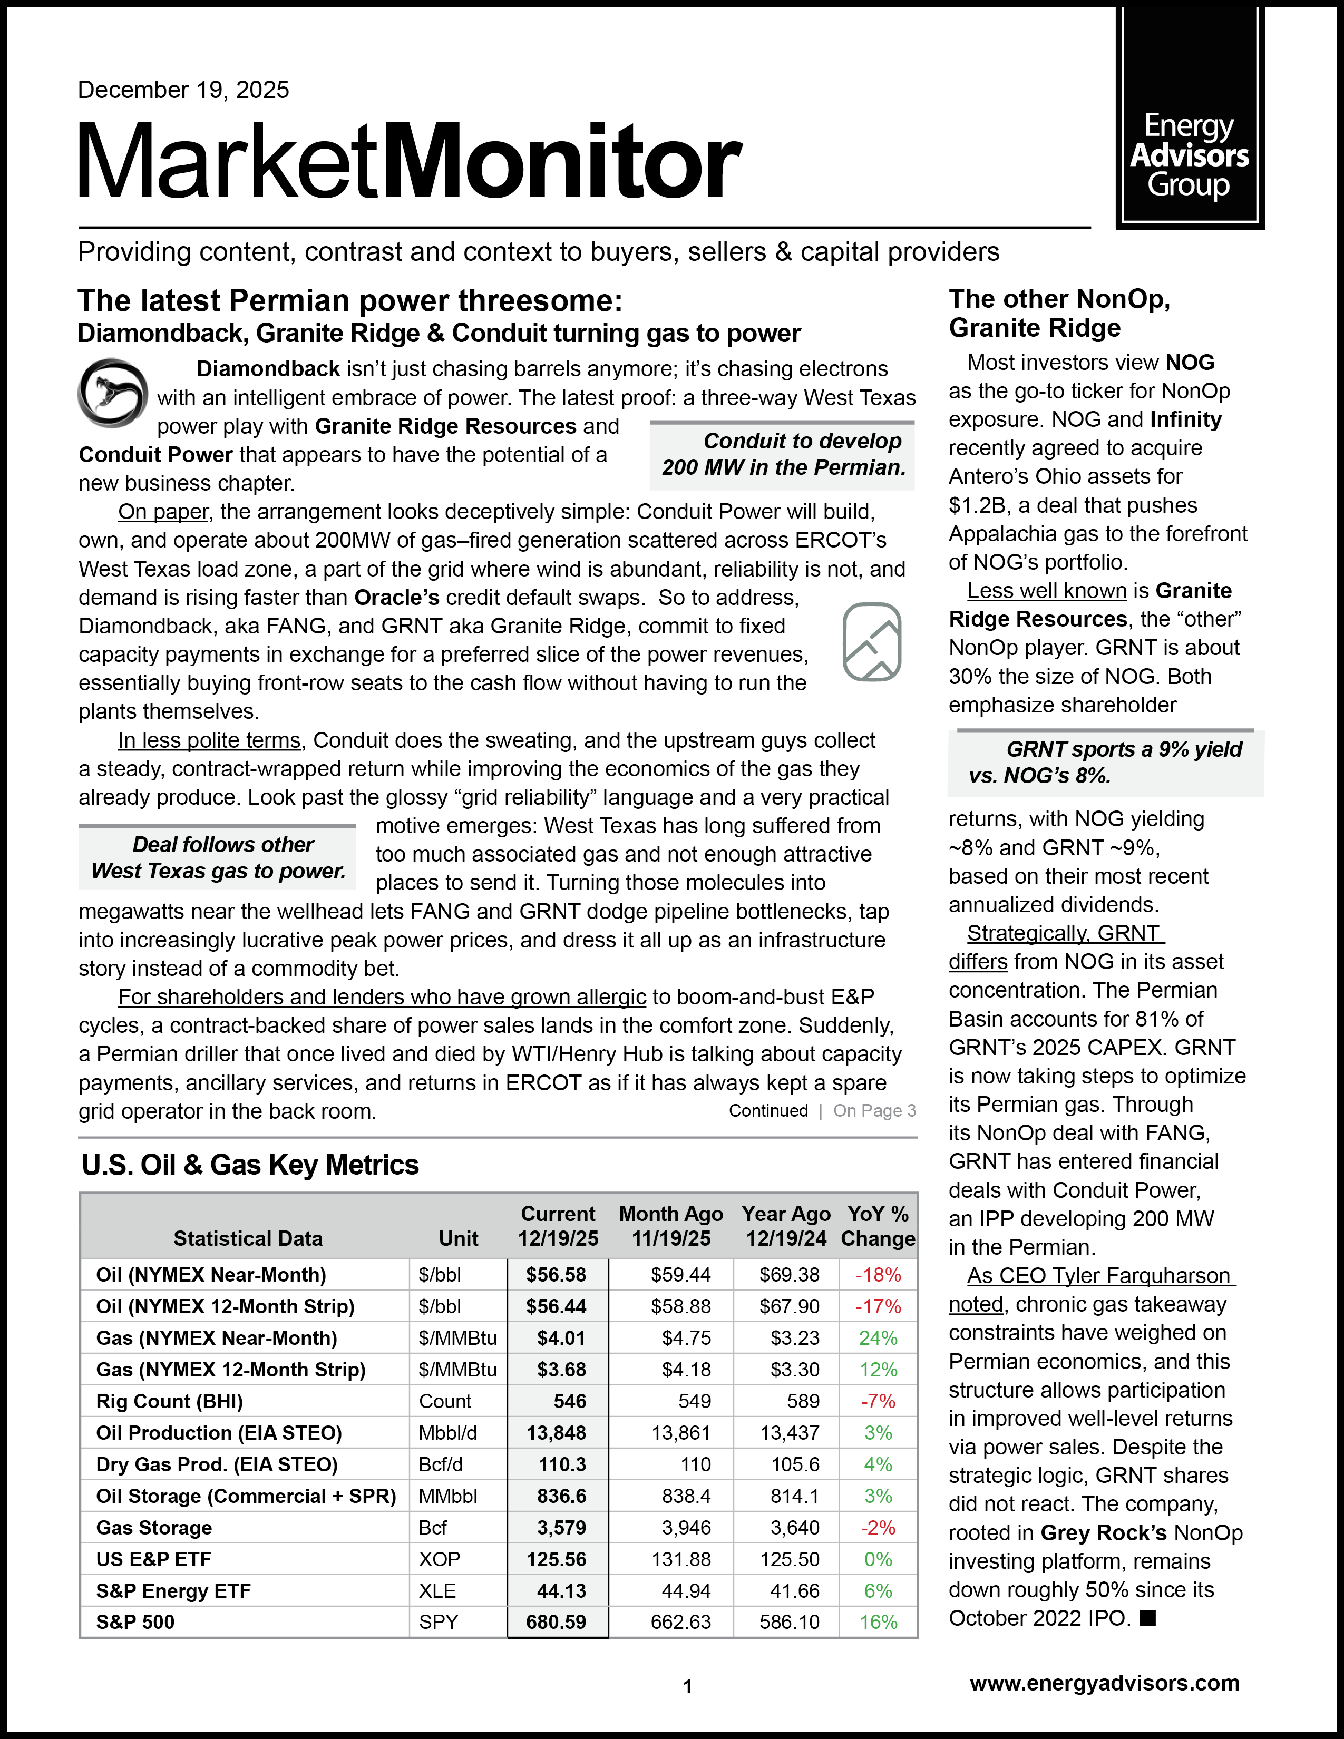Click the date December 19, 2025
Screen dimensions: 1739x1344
pyautogui.click(x=183, y=90)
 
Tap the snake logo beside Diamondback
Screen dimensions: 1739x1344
pyautogui.click(x=112, y=393)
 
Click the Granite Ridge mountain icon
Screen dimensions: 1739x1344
pyautogui.click(x=872, y=642)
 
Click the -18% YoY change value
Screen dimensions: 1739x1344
pyautogui.click(x=878, y=1275)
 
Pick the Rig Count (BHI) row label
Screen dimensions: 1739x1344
pyautogui.click(x=170, y=1401)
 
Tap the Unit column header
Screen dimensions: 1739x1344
pyautogui.click(x=459, y=1238)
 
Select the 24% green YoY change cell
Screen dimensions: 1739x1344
pyautogui.click(x=878, y=1337)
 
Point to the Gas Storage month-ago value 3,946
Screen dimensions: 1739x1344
pyautogui.click(x=681, y=1527)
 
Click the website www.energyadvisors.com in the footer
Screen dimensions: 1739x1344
pyautogui.click(x=1104, y=1683)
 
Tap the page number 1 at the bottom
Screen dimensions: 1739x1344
pyautogui.click(x=688, y=1686)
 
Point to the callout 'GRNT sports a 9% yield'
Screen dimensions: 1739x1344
pyautogui.click(x=1105, y=762)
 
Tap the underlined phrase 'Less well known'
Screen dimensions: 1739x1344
pyautogui.click(x=1046, y=591)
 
